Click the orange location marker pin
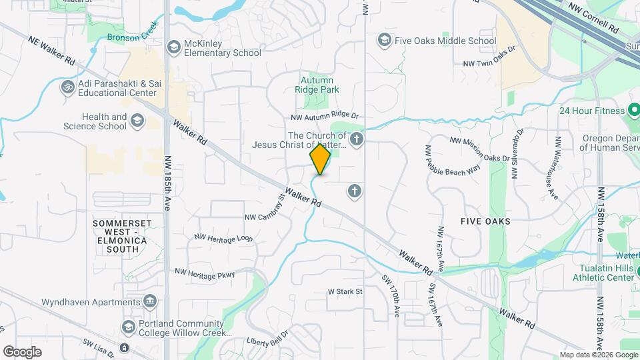[320, 159]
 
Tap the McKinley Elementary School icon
[174, 47]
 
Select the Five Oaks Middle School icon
[384, 41]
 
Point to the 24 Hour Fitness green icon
[634, 110]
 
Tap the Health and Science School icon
[137, 121]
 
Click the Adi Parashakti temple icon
[67, 87]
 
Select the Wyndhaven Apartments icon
[150, 302]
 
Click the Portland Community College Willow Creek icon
[129, 327]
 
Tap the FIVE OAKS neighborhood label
[485, 221]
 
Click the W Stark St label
[345, 291]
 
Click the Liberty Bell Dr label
[267, 339]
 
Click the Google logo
[22, 351]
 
